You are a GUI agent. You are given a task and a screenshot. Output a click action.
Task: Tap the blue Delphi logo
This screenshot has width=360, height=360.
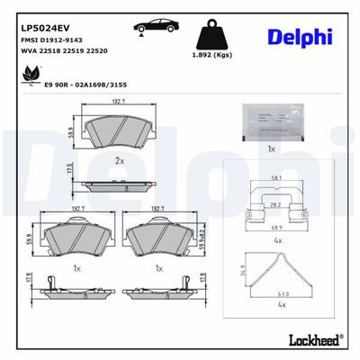[300, 37]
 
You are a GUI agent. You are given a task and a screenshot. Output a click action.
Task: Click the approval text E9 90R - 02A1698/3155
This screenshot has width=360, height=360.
[85, 86]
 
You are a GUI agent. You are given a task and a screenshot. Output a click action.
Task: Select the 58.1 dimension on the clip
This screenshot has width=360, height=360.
[274, 179]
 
